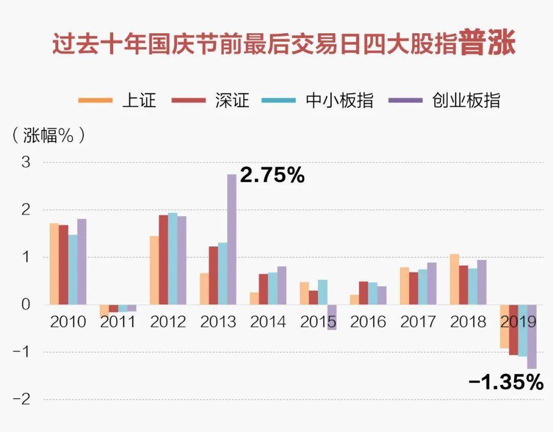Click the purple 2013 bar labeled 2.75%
click(x=232, y=239)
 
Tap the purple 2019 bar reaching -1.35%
click(x=532, y=337)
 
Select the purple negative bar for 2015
click(x=332, y=317)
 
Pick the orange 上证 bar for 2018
click(x=455, y=279)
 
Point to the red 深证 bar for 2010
click(x=63, y=265)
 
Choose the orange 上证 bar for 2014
click(x=254, y=299)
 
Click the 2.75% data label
click(x=272, y=175)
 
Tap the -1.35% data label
click(x=506, y=382)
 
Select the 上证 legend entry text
click(x=139, y=100)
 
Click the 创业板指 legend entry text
click(x=466, y=100)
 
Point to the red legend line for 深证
click(x=188, y=100)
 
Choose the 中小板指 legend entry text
click(x=339, y=100)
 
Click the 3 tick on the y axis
click(x=26, y=163)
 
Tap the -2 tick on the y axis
click(x=22, y=400)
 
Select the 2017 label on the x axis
click(x=418, y=322)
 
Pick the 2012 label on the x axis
click(x=168, y=322)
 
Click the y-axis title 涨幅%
click(x=48, y=135)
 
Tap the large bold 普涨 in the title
click(x=487, y=43)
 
